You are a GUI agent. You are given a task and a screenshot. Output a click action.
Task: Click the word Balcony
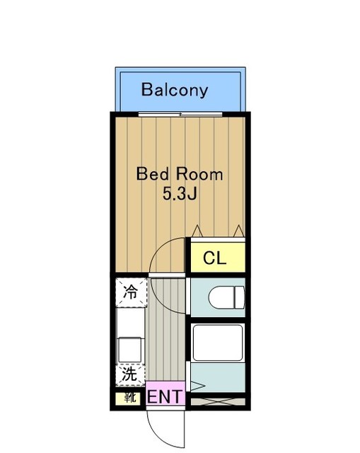pyautogui.click(x=175, y=90)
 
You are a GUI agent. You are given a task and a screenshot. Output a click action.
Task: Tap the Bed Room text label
pyautogui.click(x=180, y=173)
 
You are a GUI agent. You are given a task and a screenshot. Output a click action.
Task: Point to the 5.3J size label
pyautogui.click(x=179, y=194)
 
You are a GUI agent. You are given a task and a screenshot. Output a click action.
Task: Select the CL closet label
pyautogui.click(x=214, y=258)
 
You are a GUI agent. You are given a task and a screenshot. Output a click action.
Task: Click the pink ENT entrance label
pyautogui.click(x=165, y=396)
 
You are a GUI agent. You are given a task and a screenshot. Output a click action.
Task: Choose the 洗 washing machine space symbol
pyautogui.click(x=130, y=373)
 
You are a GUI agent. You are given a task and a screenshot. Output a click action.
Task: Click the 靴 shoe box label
pyautogui.click(x=130, y=398)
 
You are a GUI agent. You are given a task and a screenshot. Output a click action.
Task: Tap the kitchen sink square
pyautogui.click(x=131, y=349)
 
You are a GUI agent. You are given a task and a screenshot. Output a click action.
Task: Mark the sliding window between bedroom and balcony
pyautogui.click(x=181, y=114)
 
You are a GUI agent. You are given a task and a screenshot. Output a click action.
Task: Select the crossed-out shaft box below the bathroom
pyautogui.click(x=217, y=401)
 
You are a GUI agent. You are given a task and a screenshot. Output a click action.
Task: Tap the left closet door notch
pyautogui.click(x=197, y=231)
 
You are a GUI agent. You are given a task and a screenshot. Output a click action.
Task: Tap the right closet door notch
pyautogui.click(x=239, y=231)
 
